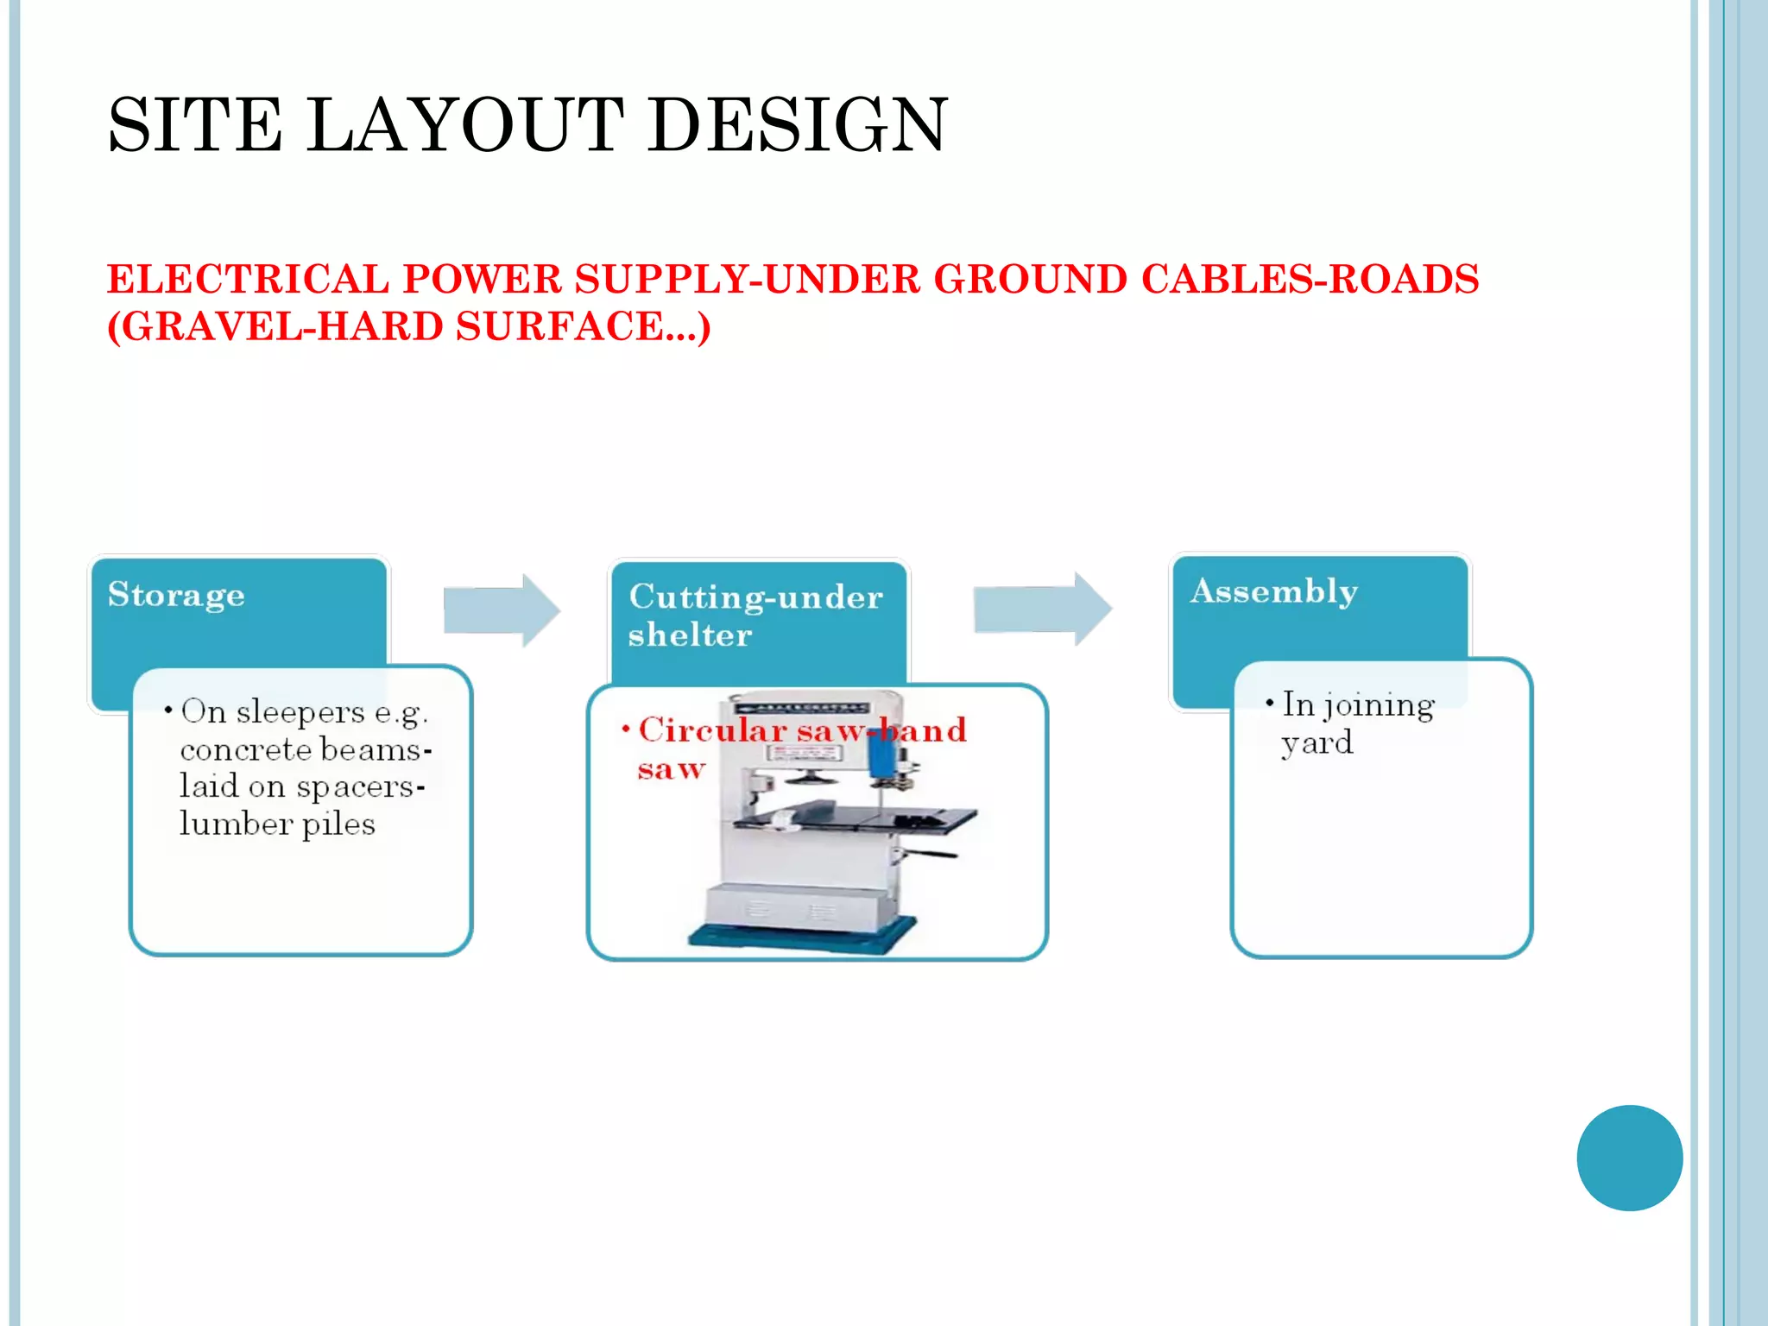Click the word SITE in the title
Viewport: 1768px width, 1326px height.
(x=195, y=125)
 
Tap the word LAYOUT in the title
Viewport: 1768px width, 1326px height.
(x=465, y=125)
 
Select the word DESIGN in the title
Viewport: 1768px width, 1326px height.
(x=798, y=125)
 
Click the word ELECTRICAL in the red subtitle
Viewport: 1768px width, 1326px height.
(x=249, y=280)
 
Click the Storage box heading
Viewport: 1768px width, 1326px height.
(x=177, y=596)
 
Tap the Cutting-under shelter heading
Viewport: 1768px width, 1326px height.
(x=755, y=615)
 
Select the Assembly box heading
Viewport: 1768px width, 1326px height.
(x=1274, y=592)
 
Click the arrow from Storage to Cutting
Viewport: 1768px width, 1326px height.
(x=502, y=610)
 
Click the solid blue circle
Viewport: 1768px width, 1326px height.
(x=1629, y=1158)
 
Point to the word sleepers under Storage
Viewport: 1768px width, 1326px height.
(x=300, y=713)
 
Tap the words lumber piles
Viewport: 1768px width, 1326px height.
(x=277, y=824)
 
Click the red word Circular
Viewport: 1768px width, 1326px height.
(x=712, y=730)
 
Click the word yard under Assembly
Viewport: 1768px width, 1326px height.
(x=1317, y=743)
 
